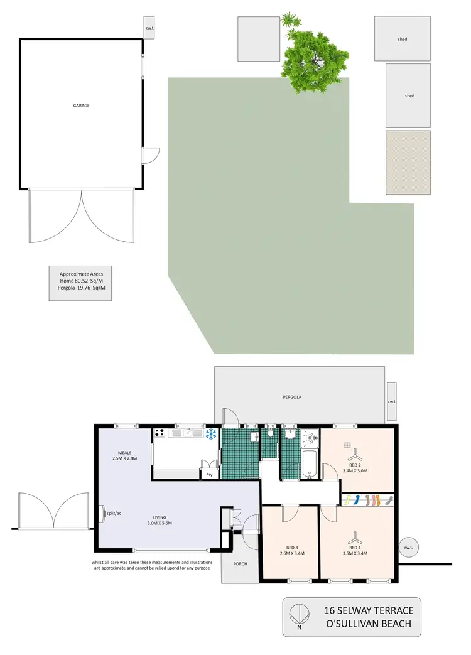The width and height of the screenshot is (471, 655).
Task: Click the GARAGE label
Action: [x=81, y=106]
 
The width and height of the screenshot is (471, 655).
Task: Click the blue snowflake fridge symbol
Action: [x=210, y=433]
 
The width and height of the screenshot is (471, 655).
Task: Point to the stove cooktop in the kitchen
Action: [x=160, y=433]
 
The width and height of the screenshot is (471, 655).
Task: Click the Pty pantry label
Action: [x=208, y=475]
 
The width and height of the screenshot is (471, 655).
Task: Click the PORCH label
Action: [x=240, y=563]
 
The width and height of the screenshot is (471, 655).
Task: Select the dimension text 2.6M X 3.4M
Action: [x=291, y=553]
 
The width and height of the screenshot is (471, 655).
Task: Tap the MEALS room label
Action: [x=124, y=452]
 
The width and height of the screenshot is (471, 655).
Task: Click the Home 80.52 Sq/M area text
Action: [x=81, y=281]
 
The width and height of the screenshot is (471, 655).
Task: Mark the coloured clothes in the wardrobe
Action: [x=369, y=500]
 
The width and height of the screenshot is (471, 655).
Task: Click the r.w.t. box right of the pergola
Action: [x=392, y=401]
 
